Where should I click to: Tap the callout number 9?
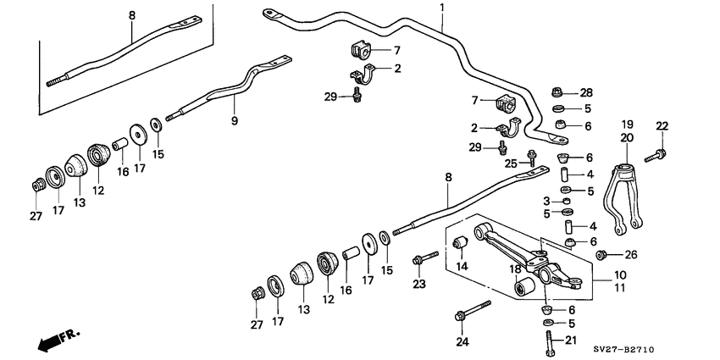235,121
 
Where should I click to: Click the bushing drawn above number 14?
462,244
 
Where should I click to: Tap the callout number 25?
511,163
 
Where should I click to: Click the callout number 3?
546,200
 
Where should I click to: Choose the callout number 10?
621,275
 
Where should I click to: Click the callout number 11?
621,289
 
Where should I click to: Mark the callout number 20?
626,137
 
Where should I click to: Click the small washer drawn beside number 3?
567,201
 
